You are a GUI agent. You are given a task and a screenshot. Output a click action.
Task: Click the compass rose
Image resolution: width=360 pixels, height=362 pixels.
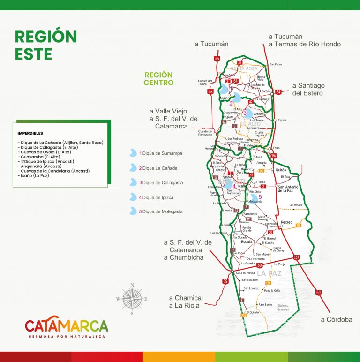pyautogui.click(x=132, y=298)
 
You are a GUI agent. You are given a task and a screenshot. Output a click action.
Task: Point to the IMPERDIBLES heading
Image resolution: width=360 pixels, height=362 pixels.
pyautogui.click(x=30, y=133)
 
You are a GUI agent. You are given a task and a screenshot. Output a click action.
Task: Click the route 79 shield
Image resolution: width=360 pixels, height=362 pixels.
pyautogui.click(x=225, y=281)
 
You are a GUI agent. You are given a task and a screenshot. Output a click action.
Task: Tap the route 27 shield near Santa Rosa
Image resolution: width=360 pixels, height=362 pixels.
pyautogui.click(x=240, y=63)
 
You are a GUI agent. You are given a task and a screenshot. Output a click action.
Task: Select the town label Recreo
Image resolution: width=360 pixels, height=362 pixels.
pyautogui.click(x=286, y=222)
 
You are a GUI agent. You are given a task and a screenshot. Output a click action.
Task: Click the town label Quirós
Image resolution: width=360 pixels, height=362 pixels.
pyautogui.click(x=281, y=170)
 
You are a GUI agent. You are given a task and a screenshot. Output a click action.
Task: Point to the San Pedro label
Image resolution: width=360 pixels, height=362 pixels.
pyautogui.click(x=276, y=64)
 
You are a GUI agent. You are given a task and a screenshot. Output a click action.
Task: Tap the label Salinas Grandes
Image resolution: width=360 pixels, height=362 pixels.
pyautogui.click(x=283, y=307)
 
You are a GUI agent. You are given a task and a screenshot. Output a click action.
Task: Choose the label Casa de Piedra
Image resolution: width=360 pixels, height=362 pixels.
pyautogui.click(x=245, y=273)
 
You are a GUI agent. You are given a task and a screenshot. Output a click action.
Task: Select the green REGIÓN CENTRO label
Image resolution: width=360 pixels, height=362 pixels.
pyautogui.click(x=158, y=79)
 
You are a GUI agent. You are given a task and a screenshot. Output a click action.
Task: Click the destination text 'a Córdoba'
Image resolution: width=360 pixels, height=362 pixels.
pyautogui.click(x=336, y=319)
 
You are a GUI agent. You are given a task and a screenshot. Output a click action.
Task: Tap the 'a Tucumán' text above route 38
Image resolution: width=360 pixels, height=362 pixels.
pyautogui.click(x=211, y=44)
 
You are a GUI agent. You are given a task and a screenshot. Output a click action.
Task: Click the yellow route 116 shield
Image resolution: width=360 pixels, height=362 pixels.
pyautogui.click(x=299, y=226)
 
